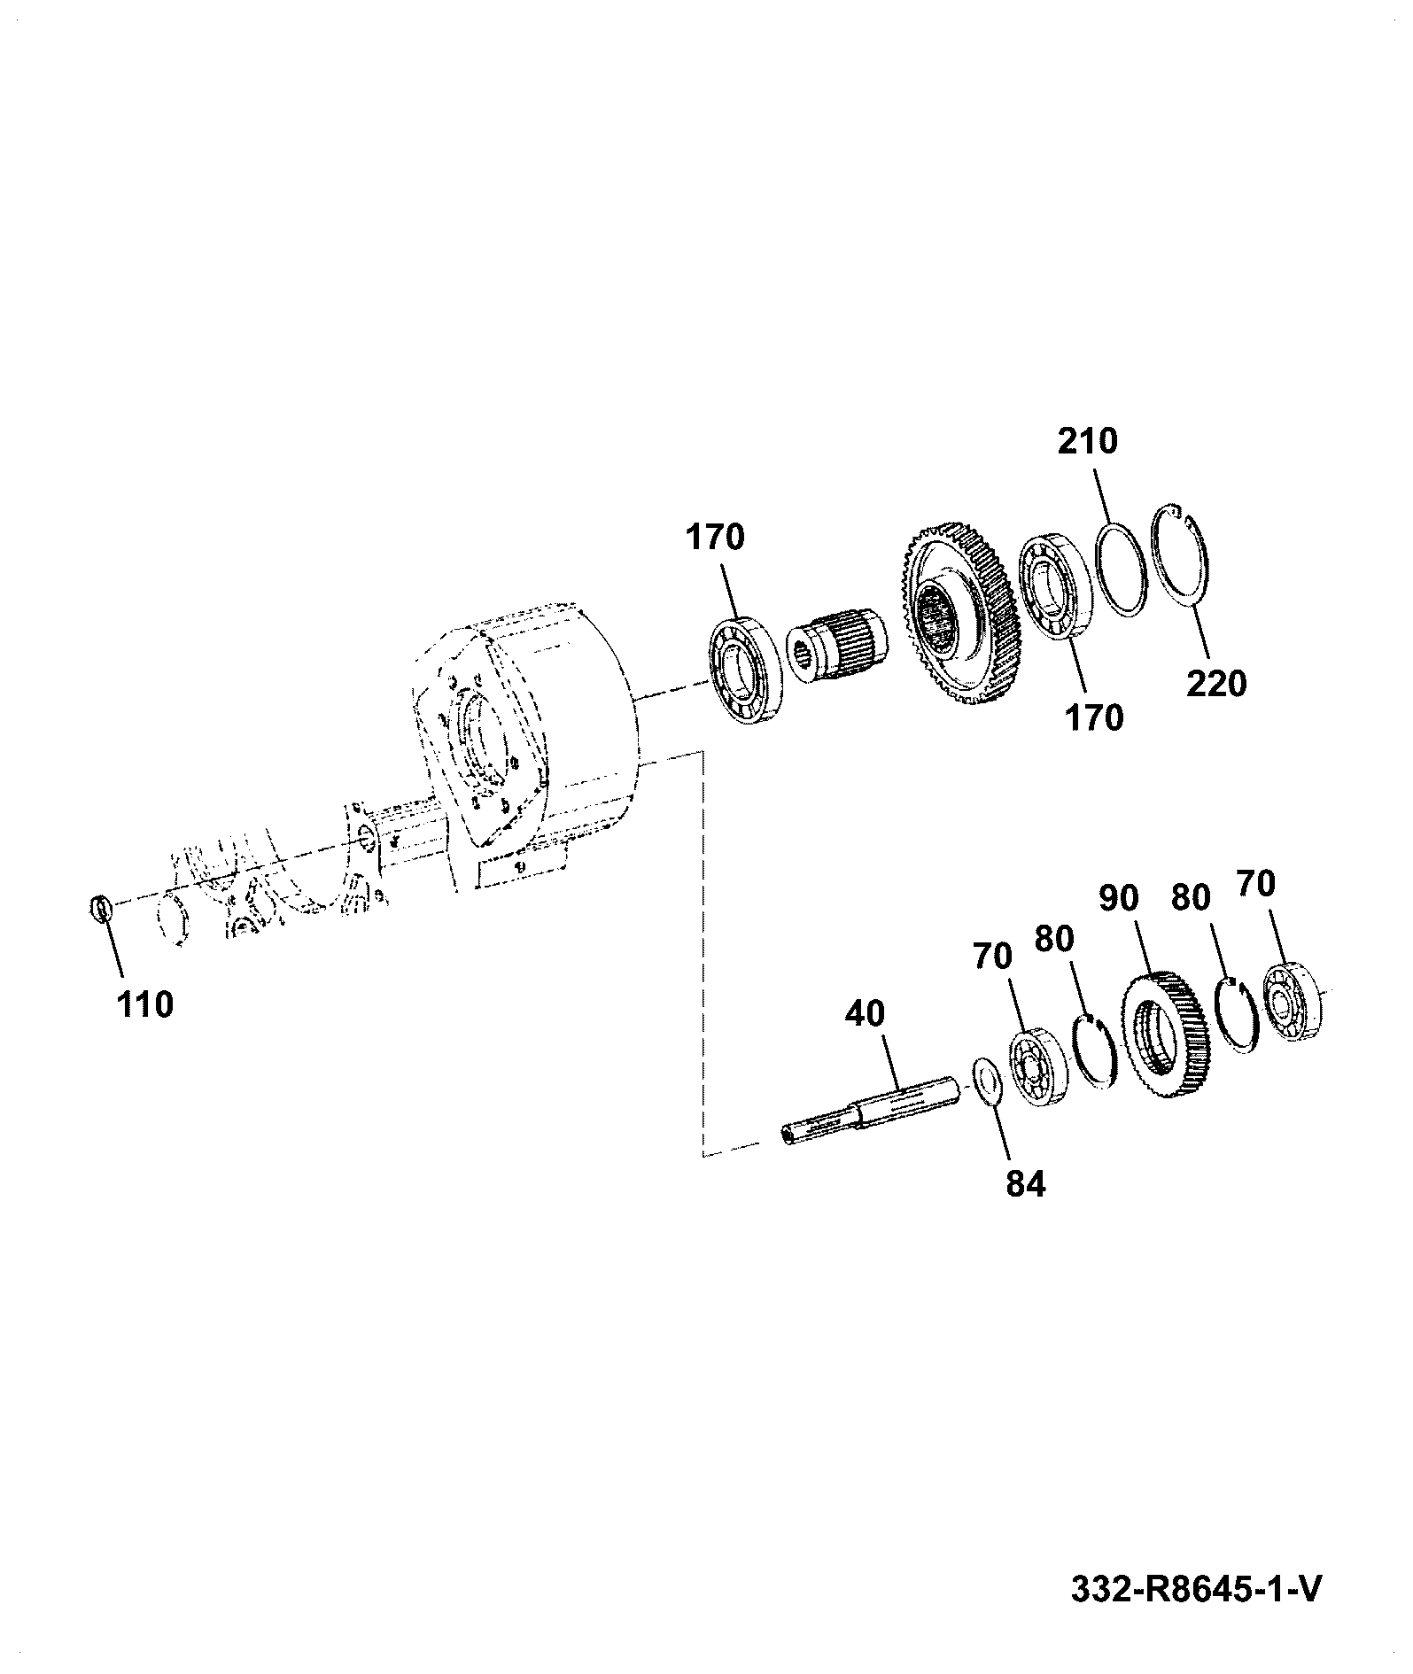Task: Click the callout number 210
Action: (x=1088, y=440)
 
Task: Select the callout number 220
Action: (x=1215, y=683)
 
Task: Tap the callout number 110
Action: (x=144, y=1004)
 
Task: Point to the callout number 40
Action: (x=865, y=1014)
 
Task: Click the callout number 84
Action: (x=1026, y=1184)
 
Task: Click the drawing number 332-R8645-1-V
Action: (x=1196, y=1589)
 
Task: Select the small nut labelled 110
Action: (x=102, y=909)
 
